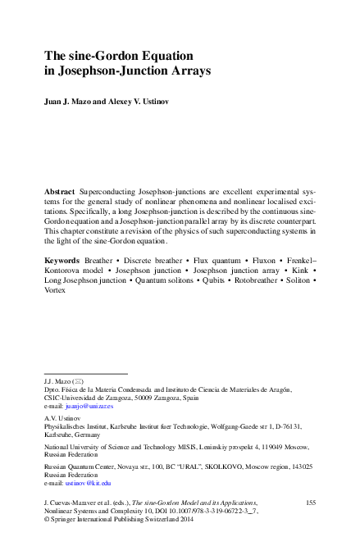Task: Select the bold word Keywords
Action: [x=64, y=258]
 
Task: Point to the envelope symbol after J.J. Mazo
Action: [x=78, y=382]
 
